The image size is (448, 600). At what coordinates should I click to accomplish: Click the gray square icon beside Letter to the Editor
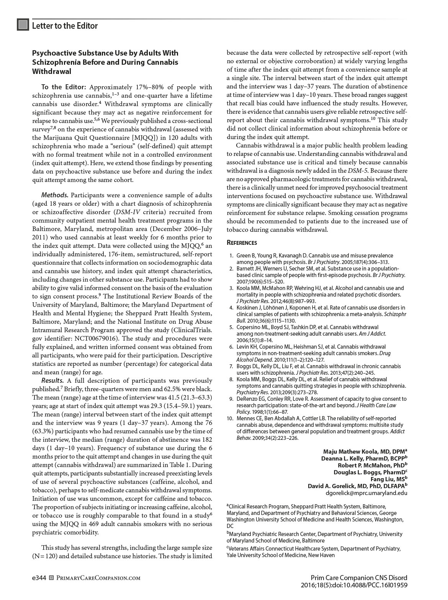(x=23, y=25)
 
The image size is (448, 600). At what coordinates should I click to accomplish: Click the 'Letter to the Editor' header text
(x=65, y=26)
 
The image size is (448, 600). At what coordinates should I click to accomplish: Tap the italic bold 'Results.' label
(x=52, y=380)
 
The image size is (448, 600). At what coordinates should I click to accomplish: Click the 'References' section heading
(x=242, y=243)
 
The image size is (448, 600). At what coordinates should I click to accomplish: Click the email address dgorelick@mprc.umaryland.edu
(x=366, y=493)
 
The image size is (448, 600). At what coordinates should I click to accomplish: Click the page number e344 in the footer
(x=39, y=578)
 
